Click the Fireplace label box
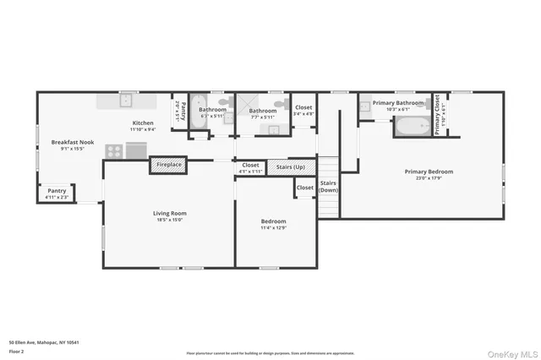point(168,165)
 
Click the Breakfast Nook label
point(68,142)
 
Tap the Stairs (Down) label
point(329,187)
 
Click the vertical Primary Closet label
point(437,115)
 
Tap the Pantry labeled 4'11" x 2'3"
point(57,192)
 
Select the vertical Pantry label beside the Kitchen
point(178,109)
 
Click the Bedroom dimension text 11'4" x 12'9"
point(276,227)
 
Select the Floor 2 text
point(16,350)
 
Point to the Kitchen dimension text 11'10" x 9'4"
point(142,129)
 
